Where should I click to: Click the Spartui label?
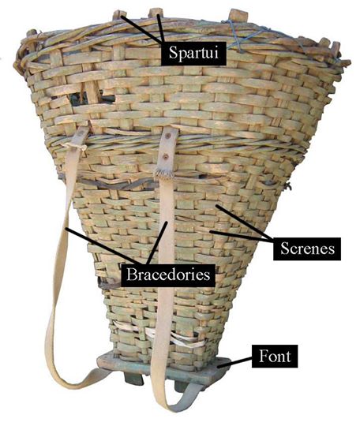(x=193, y=54)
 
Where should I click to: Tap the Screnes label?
(x=307, y=248)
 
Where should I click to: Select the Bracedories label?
(x=168, y=275)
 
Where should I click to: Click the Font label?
(x=275, y=356)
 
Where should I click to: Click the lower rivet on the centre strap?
(x=166, y=156)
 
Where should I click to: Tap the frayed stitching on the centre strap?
(x=163, y=173)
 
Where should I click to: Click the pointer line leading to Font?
(x=234, y=363)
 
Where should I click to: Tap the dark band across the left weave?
(x=109, y=184)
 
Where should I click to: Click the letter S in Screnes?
(x=285, y=248)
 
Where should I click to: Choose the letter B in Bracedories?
(x=132, y=275)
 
